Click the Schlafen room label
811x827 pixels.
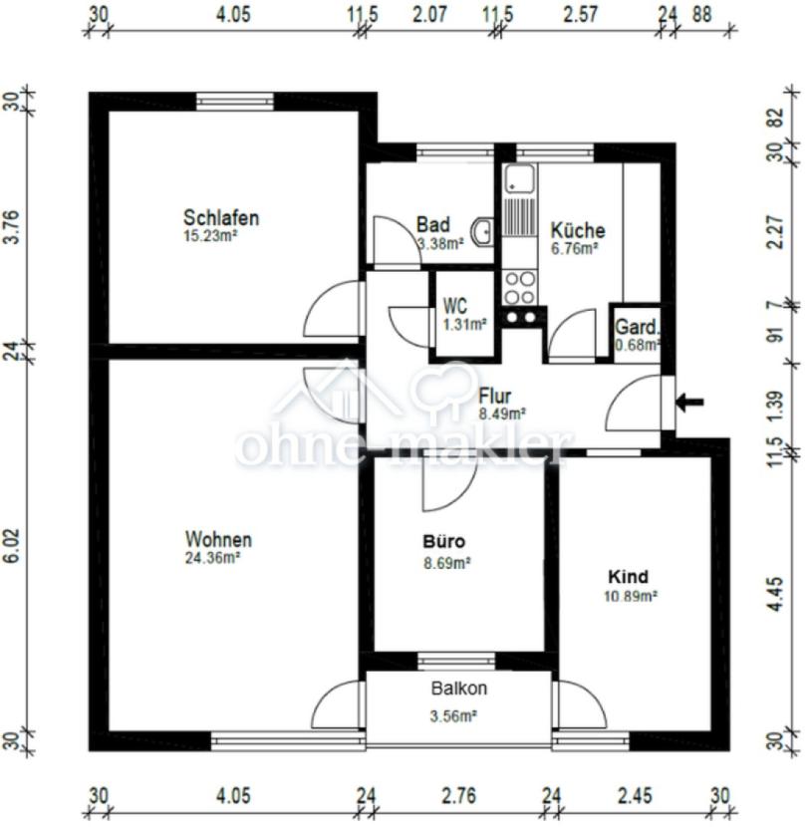[221, 217]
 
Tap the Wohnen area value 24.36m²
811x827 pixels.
[212, 558]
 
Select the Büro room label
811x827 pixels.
[444, 542]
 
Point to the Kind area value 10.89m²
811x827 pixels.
[630, 596]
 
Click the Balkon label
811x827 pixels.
[458, 688]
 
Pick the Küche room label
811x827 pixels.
[578, 230]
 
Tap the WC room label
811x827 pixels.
[454, 306]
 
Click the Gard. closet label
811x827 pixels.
[637, 327]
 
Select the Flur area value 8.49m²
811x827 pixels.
[501, 414]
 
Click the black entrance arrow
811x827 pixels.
[690, 403]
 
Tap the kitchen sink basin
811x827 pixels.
[519, 178]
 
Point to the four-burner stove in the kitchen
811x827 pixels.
[519, 287]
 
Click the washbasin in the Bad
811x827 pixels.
[482, 231]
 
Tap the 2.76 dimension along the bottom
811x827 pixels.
[458, 795]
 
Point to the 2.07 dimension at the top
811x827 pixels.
[429, 14]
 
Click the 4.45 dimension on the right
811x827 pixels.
[776, 595]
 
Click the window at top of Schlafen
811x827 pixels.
[235, 102]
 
